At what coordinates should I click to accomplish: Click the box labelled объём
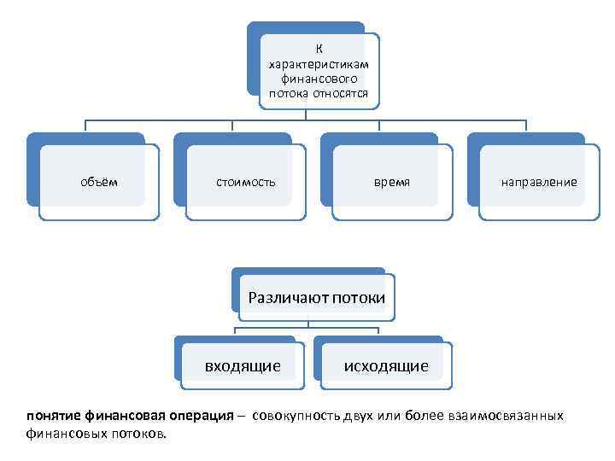pos(99,182)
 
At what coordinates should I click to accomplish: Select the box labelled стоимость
pos(246,182)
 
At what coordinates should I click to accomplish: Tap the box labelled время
pos(392,182)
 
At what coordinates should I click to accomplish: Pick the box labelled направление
pos(539,182)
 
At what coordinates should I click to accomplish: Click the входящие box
pos(243,366)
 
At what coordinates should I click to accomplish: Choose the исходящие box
pos(386,366)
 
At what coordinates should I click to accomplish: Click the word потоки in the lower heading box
pos(358,298)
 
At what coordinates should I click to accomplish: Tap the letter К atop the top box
pos(319,49)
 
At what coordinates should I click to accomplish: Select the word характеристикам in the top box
pos(319,64)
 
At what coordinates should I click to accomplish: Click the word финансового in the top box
pos(319,79)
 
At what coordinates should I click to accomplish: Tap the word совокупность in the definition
pos(296,416)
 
